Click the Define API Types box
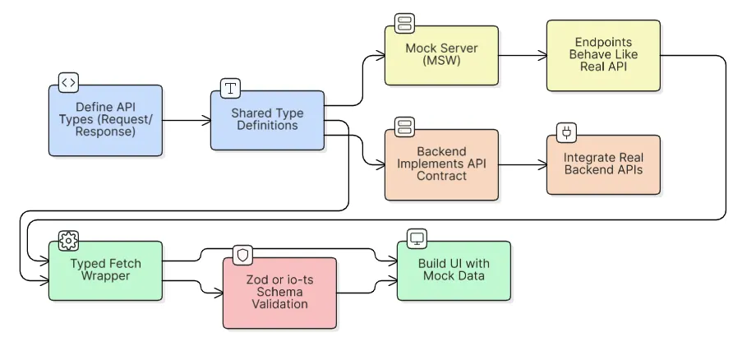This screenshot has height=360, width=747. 105,120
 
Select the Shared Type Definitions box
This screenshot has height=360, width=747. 267,120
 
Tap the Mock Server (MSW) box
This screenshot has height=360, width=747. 441,55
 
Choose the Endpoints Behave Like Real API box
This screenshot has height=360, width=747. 603,55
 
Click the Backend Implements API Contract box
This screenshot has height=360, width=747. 441,164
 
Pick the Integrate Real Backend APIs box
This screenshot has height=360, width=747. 603,164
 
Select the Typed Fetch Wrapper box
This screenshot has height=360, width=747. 105,270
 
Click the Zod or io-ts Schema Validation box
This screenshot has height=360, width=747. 279,293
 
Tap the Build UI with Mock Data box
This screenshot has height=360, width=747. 454,270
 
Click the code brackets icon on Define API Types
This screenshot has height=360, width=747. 69,82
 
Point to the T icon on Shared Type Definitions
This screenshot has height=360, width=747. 231,88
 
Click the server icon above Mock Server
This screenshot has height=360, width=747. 403,22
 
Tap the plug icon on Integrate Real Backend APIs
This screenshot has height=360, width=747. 566,132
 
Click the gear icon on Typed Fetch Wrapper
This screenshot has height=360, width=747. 69,239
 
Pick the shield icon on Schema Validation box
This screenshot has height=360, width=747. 242,255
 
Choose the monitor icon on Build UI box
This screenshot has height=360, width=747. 417,239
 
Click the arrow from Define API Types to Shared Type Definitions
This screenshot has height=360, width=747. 187,121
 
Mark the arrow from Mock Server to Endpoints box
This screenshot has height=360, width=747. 523,56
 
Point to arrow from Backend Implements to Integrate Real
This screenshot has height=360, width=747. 523,165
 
